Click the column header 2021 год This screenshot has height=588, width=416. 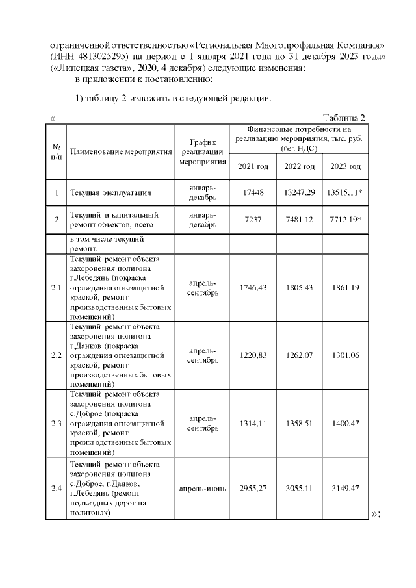pos(253,167)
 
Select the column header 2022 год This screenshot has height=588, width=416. pos(299,167)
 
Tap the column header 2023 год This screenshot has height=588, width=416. pos(345,167)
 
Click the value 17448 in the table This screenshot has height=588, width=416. pos(253,193)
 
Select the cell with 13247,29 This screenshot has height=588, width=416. pos(299,193)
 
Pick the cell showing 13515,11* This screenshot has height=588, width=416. pos(345,193)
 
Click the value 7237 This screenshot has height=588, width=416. pos(253,220)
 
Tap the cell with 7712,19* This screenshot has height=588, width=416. pos(345,220)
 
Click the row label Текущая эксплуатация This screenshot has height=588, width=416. pos(110,193)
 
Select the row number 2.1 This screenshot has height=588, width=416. pos(57,287)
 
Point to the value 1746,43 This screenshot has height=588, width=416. pos(253,287)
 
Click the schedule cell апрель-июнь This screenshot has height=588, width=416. pos(202,489)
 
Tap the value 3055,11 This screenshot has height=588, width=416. pos(299,489)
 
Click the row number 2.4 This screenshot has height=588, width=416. pos(57,489)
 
